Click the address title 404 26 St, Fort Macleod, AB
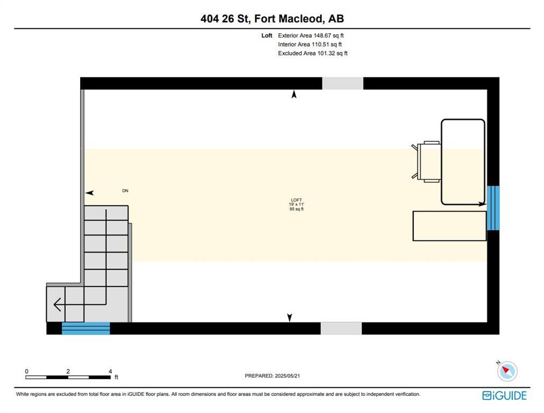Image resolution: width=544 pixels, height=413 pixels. click(272, 18)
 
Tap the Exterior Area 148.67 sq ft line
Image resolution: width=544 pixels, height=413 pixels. click(311, 35)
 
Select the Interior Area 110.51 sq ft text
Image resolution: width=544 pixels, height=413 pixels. click(310, 45)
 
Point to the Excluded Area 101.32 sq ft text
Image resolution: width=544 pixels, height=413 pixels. click(313, 53)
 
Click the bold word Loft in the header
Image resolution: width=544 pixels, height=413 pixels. click(267, 35)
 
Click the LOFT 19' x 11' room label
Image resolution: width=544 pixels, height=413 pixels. click(297, 204)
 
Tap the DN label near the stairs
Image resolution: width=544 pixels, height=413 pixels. click(125, 190)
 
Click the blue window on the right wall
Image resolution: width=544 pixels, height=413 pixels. click(493, 208)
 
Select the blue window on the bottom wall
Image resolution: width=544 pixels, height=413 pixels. click(85, 329)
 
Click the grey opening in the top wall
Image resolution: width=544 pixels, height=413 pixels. click(343, 83)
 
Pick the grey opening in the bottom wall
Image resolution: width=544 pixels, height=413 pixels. click(341, 329)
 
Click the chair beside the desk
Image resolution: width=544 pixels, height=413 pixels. click(426, 161)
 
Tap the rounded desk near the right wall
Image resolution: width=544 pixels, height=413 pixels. click(463, 162)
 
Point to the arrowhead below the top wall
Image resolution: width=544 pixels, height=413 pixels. click(294, 94)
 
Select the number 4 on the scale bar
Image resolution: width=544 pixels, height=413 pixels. click(110, 372)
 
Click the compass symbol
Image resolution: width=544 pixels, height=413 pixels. click(507, 371)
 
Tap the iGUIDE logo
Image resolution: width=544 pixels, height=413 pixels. click(504, 396)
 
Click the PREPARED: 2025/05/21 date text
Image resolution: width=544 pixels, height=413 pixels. click(273, 376)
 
